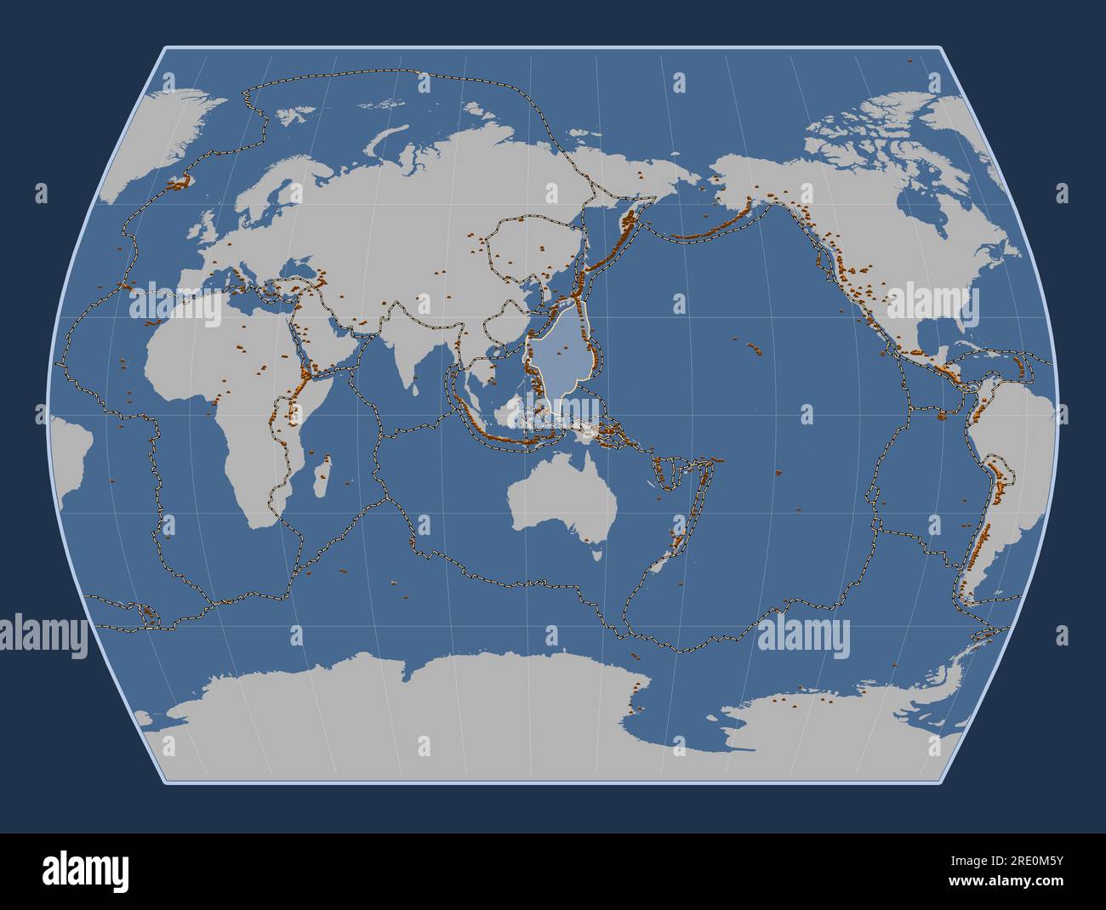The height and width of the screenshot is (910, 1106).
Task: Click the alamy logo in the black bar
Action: coord(86,872)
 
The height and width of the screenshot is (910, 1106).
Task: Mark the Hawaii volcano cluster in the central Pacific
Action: coord(750,344)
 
